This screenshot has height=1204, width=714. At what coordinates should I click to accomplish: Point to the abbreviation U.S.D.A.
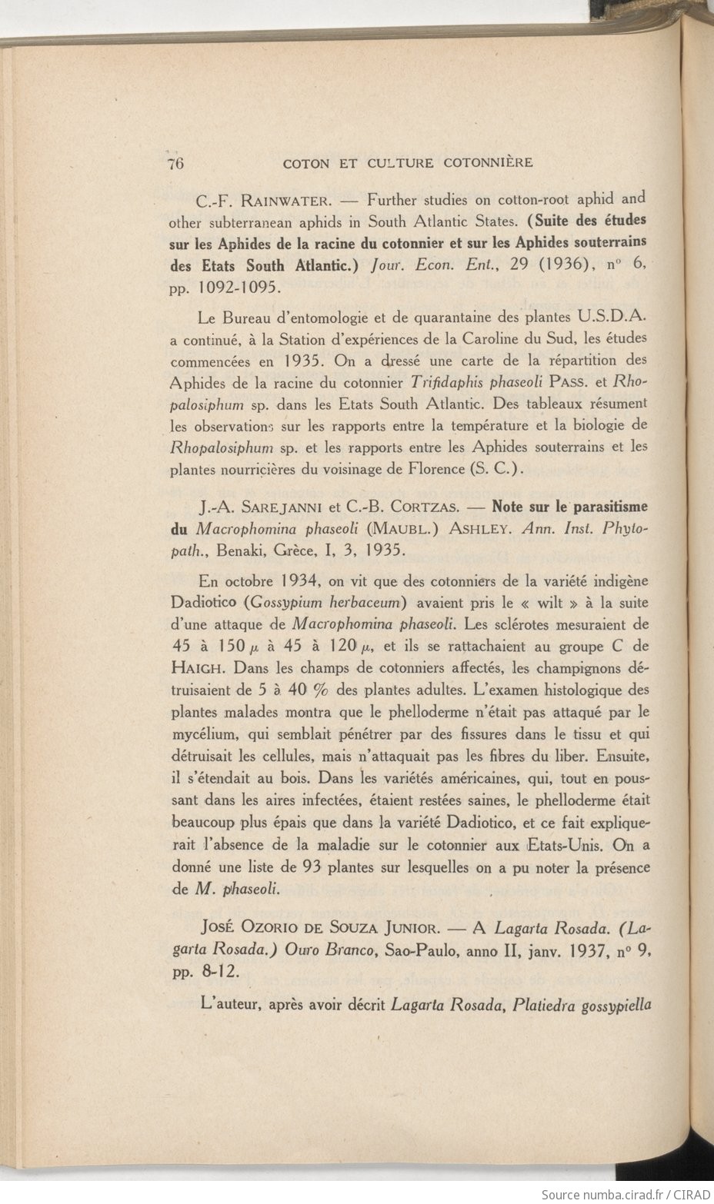(615, 317)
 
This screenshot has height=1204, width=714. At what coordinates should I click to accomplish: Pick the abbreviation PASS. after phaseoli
(569, 382)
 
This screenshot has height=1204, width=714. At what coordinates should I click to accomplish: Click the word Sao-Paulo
(419, 950)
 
